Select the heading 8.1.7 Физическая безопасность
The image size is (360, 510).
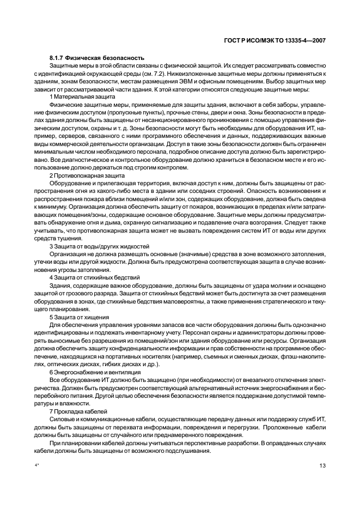click(x=89, y=57)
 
